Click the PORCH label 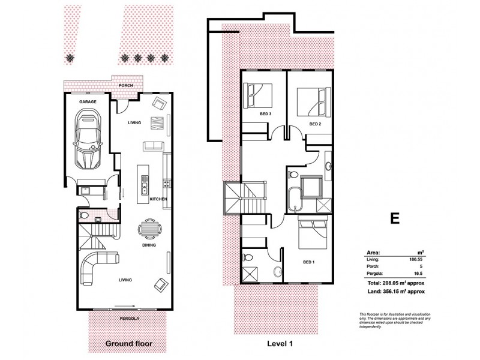pos(126,85)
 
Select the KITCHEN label pos(158,199)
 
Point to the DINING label pos(149,245)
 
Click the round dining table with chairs pos(149,229)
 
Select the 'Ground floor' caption pos(128,344)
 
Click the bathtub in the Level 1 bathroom pos(295,198)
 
